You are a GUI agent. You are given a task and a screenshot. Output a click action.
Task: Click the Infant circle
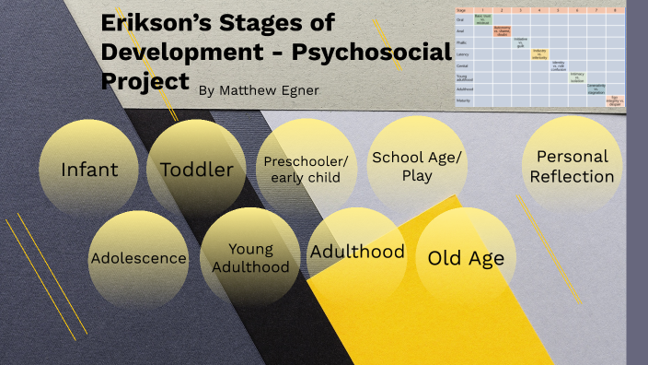[x=88, y=169]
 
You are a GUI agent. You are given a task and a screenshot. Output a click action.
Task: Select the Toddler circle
[x=196, y=169]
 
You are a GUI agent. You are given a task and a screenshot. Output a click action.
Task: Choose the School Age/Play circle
[x=417, y=165]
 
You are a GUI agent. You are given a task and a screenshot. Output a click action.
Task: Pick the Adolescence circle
[x=138, y=258]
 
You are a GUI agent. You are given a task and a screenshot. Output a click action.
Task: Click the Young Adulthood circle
[x=250, y=257]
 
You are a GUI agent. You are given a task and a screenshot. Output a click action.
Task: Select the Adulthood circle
[x=357, y=252]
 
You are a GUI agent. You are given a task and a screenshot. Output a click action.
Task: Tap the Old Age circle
[x=466, y=257]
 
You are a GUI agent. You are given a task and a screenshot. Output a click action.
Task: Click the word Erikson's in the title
[x=166, y=22]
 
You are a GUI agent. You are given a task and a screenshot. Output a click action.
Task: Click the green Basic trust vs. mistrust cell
[x=481, y=18]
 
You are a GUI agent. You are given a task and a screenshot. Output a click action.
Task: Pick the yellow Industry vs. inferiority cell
[x=539, y=54]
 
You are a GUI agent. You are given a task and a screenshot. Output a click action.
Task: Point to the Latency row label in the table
[x=463, y=54]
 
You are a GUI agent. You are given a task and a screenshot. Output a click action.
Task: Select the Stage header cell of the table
[x=463, y=8]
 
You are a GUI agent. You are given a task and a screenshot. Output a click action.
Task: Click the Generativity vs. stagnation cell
[x=596, y=89]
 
